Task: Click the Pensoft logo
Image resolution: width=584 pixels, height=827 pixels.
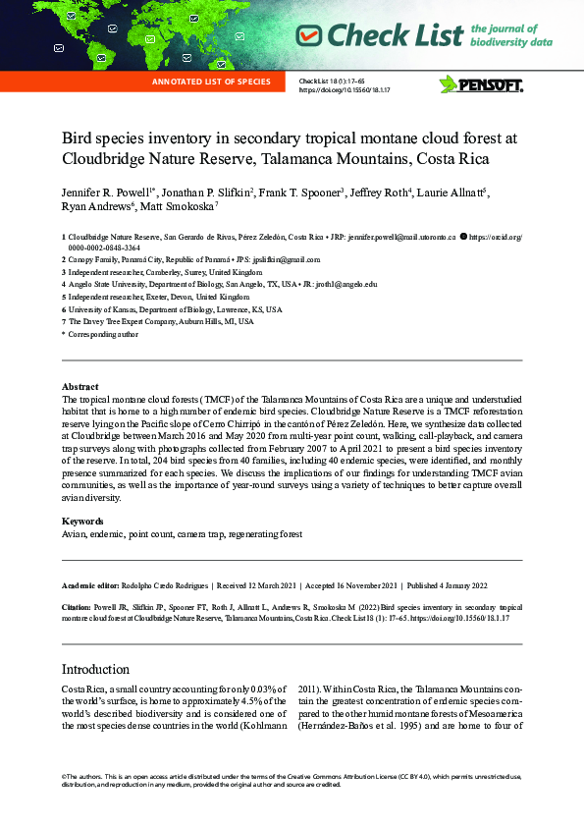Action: click(x=481, y=84)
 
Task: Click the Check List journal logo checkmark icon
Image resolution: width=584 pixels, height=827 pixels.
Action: click(x=309, y=36)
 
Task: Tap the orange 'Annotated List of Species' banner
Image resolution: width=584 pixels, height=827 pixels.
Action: click(x=211, y=82)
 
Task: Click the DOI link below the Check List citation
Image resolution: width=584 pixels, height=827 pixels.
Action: click(x=345, y=89)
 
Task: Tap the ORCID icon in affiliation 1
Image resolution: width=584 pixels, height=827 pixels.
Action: click(x=464, y=238)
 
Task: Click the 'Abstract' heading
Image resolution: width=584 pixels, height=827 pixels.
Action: click(x=80, y=387)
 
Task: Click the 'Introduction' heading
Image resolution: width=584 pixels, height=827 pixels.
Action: click(x=95, y=669)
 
